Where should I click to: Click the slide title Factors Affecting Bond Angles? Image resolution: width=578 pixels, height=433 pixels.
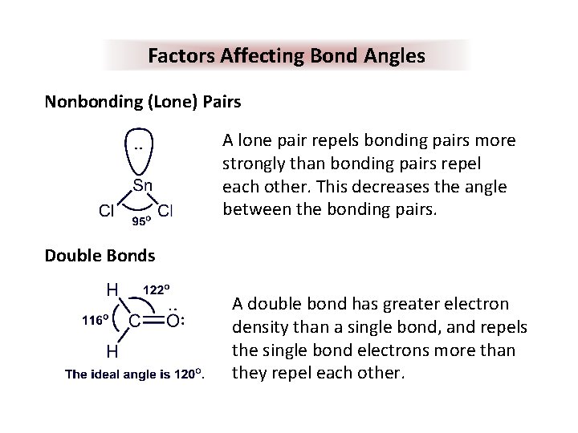tap(287, 56)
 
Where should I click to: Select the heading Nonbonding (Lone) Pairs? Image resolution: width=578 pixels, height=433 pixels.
tap(143, 103)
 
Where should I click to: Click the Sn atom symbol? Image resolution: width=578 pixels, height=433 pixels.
tap(143, 186)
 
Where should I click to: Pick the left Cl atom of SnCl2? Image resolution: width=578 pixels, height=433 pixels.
tap(105, 212)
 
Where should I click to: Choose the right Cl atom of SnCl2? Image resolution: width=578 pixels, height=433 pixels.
tap(166, 212)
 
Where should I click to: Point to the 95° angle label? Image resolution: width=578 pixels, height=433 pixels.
tap(142, 224)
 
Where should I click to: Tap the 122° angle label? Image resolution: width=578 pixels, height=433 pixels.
tap(161, 289)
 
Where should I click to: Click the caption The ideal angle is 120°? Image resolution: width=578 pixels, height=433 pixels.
tap(135, 374)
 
